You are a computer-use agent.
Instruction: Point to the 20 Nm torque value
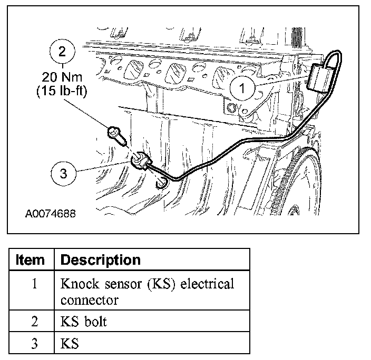[63, 77]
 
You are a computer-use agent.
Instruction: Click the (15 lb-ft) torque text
[63, 91]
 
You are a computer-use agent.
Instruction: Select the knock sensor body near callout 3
[142, 160]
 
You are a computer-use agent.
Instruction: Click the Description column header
[101, 260]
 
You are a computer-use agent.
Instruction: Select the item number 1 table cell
[34, 284]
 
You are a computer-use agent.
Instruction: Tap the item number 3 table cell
[34, 344]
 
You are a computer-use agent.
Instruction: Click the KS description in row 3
[70, 344]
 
